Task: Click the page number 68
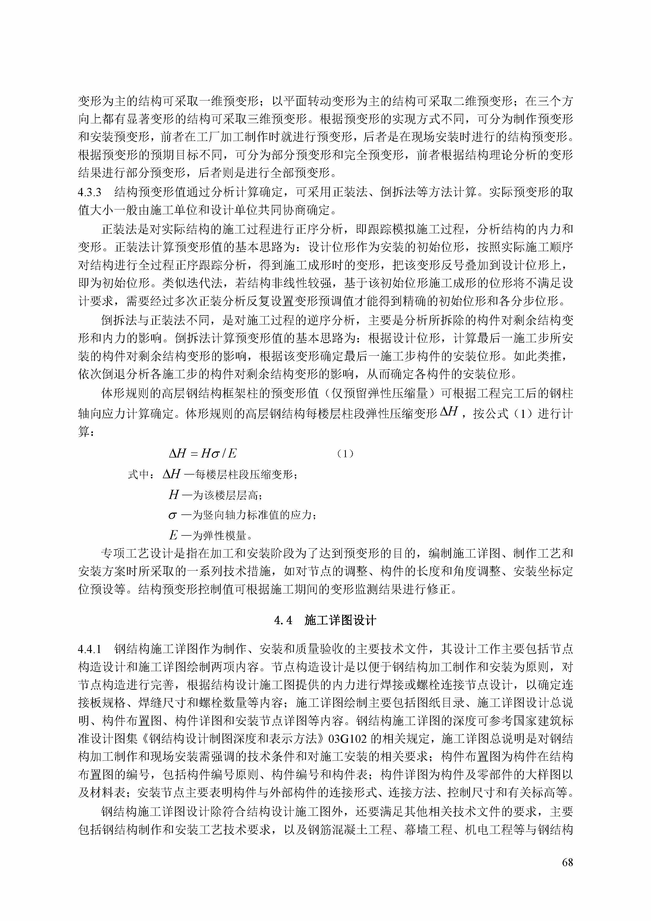tap(568, 862)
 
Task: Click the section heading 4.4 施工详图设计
tap(325, 620)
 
